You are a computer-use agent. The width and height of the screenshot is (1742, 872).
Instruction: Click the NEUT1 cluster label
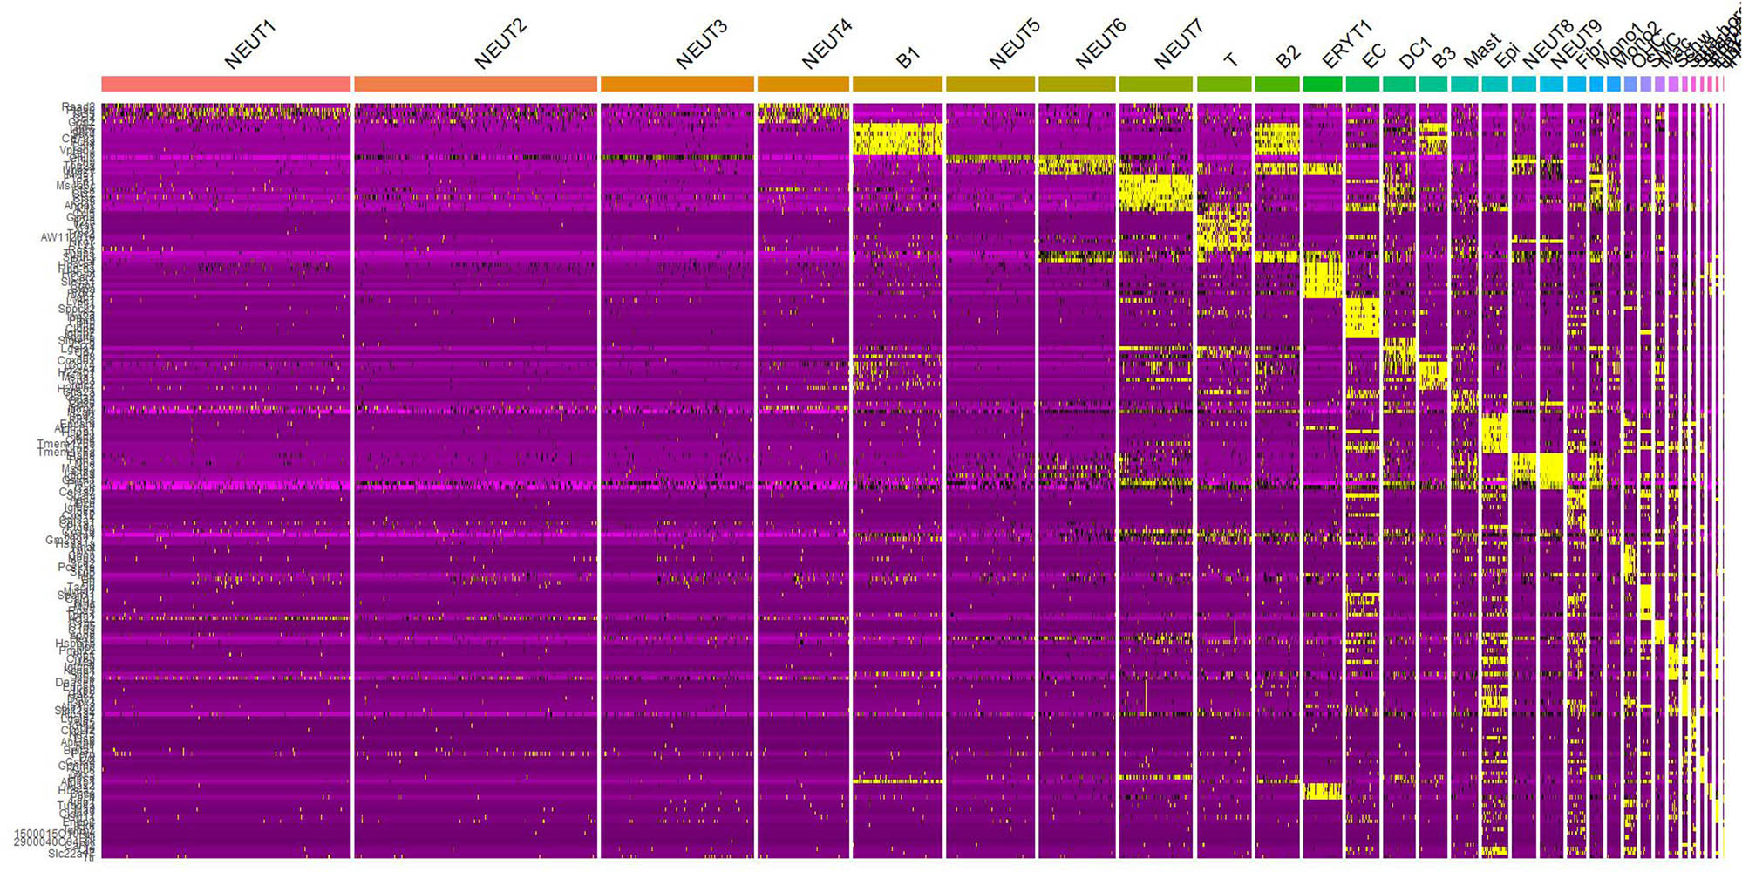[250, 44]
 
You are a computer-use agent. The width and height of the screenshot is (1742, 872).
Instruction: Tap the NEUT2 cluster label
[500, 44]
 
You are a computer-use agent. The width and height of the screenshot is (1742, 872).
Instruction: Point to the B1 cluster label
[908, 58]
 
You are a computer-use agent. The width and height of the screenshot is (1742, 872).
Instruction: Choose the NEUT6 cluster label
[1100, 44]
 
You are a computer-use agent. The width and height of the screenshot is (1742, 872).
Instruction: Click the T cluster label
[1230, 59]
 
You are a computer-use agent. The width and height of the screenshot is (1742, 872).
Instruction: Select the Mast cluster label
[1482, 50]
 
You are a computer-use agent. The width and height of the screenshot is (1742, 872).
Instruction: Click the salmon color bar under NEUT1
[226, 84]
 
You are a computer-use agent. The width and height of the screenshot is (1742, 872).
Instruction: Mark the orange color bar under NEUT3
[677, 84]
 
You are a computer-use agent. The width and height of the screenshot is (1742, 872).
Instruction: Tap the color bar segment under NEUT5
[990, 84]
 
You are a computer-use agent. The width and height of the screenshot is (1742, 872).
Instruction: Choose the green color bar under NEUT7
[1156, 84]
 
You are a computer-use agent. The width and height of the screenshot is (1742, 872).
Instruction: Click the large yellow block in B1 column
[897, 140]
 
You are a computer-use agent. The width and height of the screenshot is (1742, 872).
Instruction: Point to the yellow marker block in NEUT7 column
[1156, 192]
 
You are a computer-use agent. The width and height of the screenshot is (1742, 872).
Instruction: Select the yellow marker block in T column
[1224, 231]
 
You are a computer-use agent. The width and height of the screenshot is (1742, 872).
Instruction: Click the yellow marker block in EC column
[1362, 318]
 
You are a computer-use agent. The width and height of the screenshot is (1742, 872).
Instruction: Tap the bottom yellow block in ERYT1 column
[1323, 792]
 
